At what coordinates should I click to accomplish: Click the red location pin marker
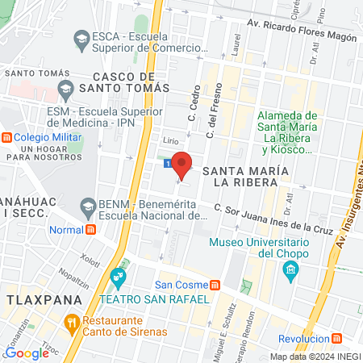click(183, 163)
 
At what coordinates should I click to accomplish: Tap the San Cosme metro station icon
click(215, 285)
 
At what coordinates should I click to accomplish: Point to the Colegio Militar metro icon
click(6, 136)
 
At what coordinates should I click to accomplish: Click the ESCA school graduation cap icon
click(81, 38)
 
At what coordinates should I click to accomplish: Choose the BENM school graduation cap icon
click(86, 208)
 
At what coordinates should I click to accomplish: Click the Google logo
click(26, 353)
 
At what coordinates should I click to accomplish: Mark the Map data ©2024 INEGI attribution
click(315, 357)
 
